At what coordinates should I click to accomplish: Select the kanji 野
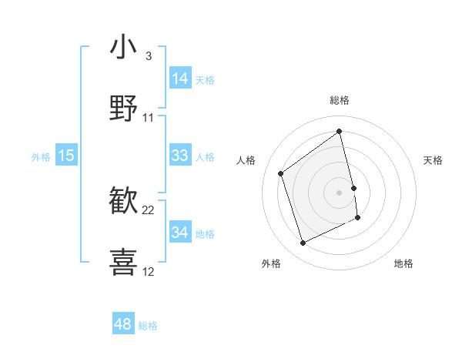pyautogui.click(x=123, y=107)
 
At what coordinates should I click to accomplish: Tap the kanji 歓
pyautogui.click(x=123, y=201)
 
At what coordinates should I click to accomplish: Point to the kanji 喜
pyautogui.click(x=123, y=261)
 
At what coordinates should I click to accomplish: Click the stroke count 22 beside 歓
pyautogui.click(x=149, y=209)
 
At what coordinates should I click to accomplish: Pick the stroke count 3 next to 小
pyautogui.click(x=148, y=55)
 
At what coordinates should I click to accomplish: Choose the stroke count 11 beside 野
pyautogui.click(x=149, y=117)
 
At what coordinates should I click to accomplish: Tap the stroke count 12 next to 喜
pyautogui.click(x=149, y=271)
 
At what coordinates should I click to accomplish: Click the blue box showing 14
pyautogui.click(x=180, y=79)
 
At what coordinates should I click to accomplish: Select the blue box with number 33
pyautogui.click(x=180, y=156)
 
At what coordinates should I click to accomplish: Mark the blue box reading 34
pyautogui.click(x=180, y=233)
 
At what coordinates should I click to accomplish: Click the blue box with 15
pyautogui.click(x=66, y=156)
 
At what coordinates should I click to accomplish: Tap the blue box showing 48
pyautogui.click(x=123, y=324)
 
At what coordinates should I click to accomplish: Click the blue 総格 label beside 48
pyautogui.click(x=148, y=326)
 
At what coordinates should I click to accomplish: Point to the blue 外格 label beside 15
pyautogui.click(x=41, y=156)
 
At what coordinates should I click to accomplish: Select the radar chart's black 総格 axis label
pyautogui.click(x=340, y=100)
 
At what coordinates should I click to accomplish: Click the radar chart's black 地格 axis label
pyautogui.click(x=403, y=263)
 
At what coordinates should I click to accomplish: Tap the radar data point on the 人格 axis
pyautogui.click(x=281, y=173)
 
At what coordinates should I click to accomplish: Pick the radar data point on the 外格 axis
pyautogui.click(x=303, y=243)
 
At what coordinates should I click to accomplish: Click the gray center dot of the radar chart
pyautogui.click(x=340, y=191)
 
